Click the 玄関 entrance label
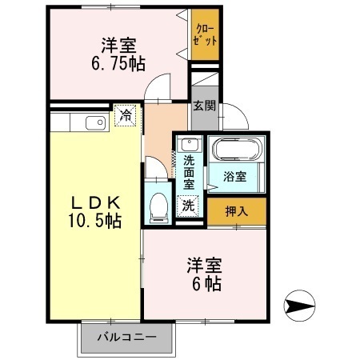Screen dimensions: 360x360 (x=205, y=106)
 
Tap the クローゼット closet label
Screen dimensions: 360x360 (x=205, y=34)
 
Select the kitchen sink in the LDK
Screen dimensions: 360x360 (x=95, y=123)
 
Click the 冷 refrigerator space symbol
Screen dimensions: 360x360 (x=126, y=115)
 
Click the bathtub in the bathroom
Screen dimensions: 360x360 (x=236, y=149)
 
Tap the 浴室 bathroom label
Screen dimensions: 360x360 (x=234, y=177)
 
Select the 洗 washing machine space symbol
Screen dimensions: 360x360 (x=188, y=206)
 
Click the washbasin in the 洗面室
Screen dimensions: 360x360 (x=190, y=145)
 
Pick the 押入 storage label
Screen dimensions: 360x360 (x=237, y=211)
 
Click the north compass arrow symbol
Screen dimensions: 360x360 (x=299, y=306)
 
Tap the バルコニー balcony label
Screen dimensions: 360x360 (x=126, y=338)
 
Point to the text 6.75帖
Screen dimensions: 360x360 (x=118, y=64)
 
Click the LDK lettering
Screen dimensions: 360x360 (x=95, y=204)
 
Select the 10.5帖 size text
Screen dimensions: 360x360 (x=95, y=221)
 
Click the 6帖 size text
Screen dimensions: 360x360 (x=206, y=283)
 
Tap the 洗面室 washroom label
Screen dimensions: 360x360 (x=189, y=172)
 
